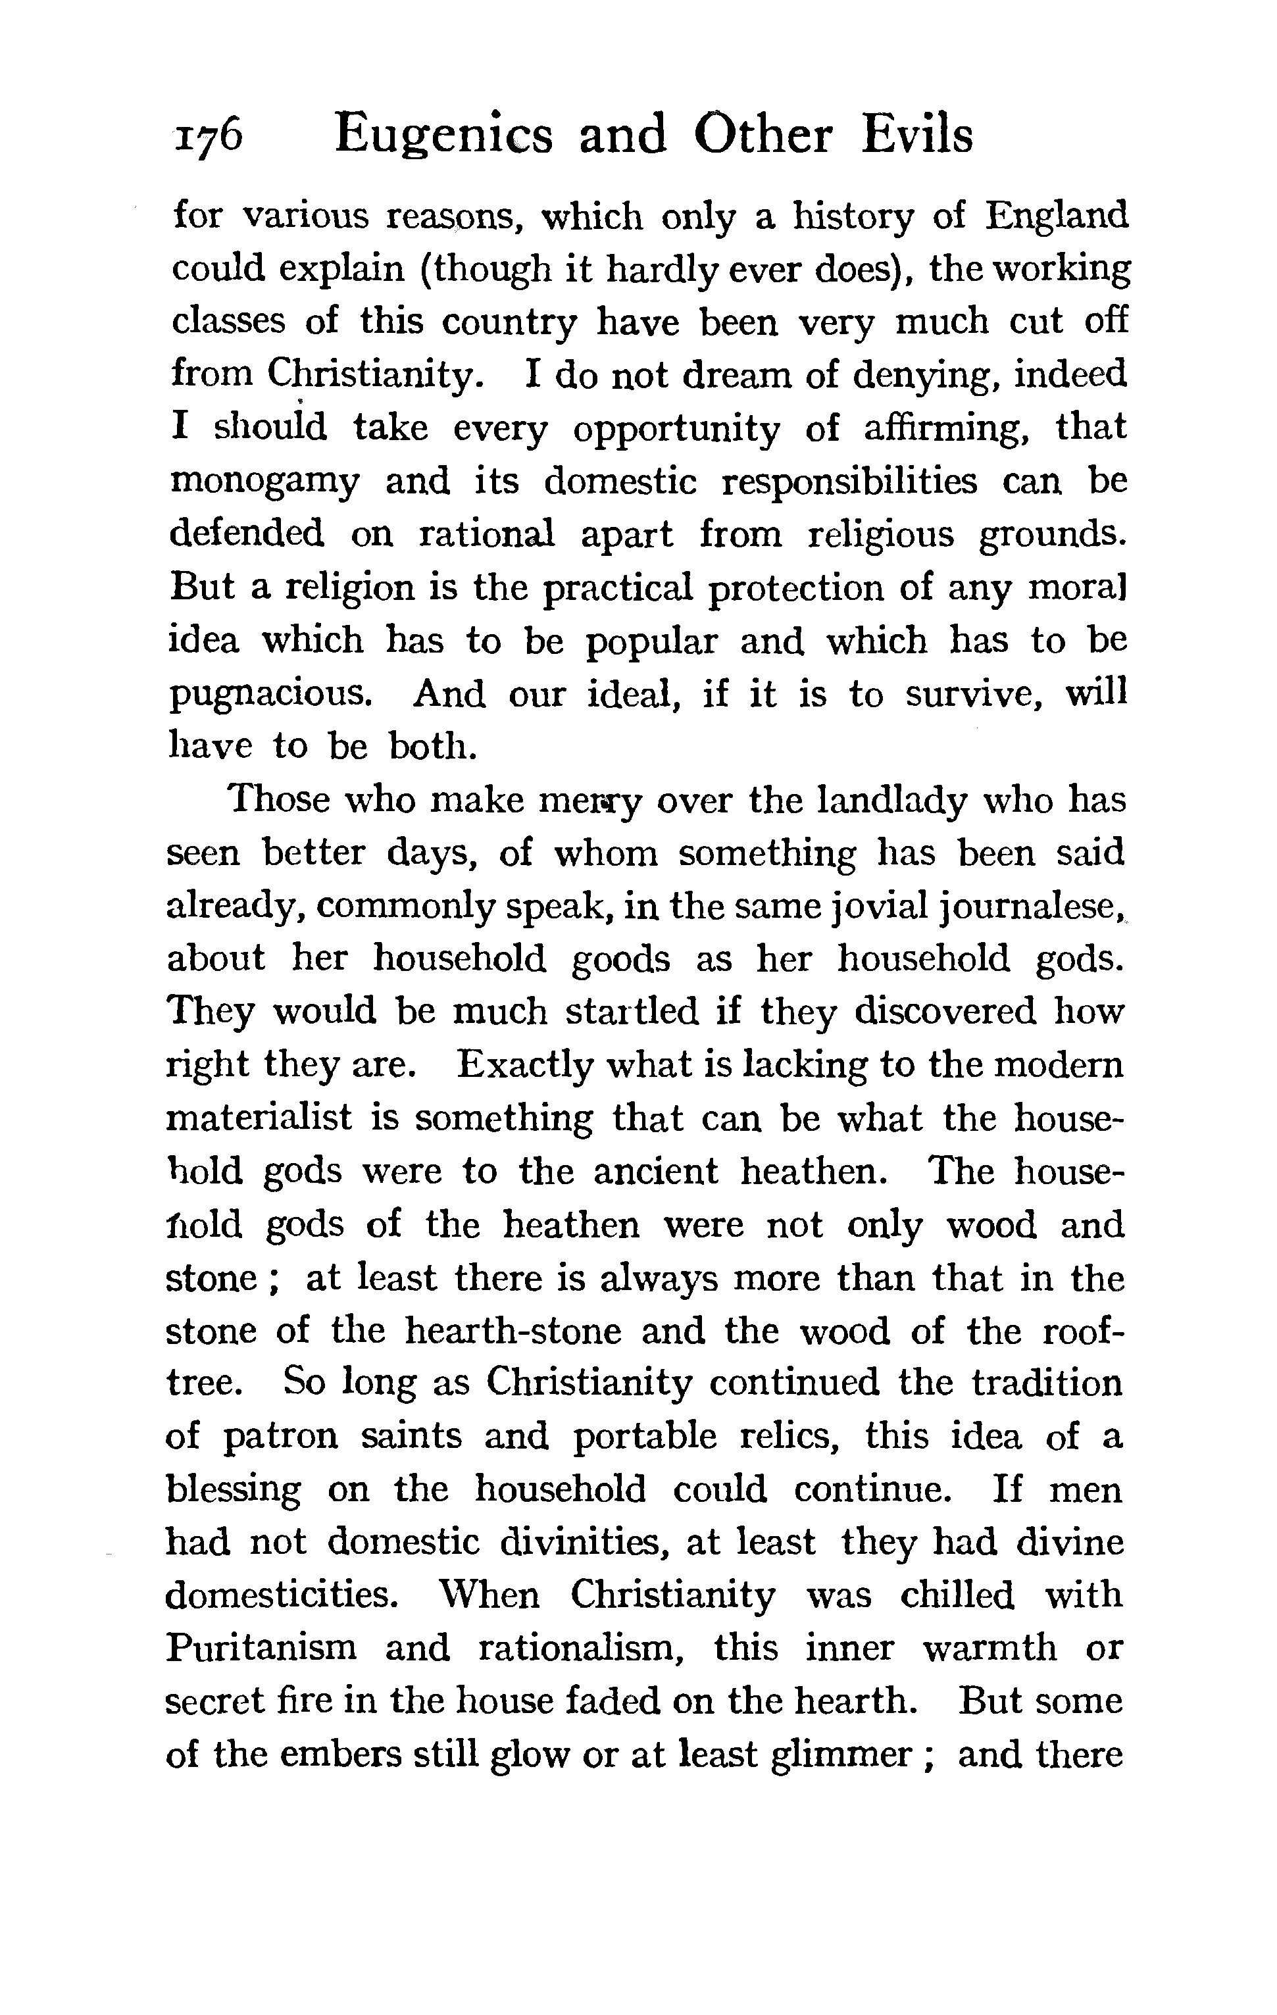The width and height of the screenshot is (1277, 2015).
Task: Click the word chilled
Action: pos(957,1595)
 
